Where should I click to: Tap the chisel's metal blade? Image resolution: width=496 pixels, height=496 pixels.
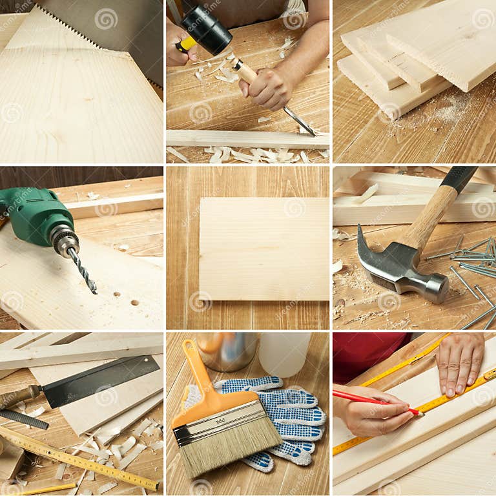point(298,121)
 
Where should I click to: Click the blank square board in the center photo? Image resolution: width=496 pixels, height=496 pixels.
point(263,249)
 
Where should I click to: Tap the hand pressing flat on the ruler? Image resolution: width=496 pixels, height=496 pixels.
point(460,362)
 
